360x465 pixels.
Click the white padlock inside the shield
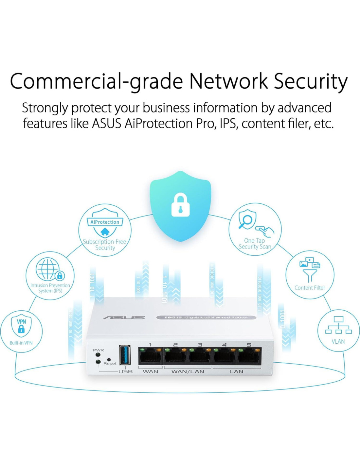(180, 205)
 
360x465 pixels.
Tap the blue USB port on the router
(125, 355)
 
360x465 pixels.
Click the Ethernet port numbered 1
(150, 356)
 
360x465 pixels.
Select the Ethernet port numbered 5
(249, 356)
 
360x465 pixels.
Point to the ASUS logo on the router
(124, 317)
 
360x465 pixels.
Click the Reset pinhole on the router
(109, 359)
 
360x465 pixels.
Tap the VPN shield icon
(21, 326)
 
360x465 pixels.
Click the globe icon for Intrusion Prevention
(48, 269)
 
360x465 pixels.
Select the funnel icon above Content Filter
(310, 275)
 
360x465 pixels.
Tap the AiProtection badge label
(105, 222)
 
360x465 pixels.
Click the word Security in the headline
(310, 81)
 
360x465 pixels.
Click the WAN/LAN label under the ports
(188, 371)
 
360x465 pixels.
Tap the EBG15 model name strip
(206, 317)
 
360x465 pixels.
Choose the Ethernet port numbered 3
(200, 356)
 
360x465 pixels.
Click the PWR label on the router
(98, 350)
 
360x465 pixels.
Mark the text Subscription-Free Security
(105, 245)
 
